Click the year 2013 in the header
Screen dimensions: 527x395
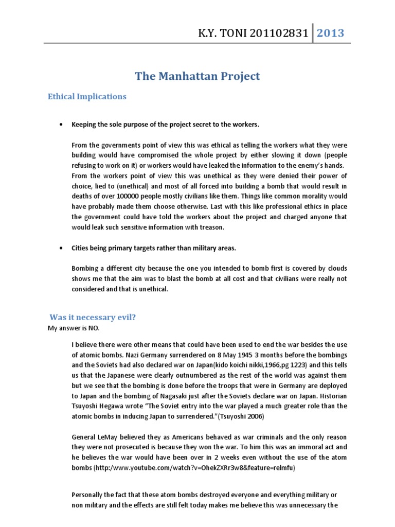click(x=330, y=33)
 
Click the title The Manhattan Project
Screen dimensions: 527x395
click(x=197, y=77)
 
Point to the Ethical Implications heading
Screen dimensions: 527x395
click(x=87, y=96)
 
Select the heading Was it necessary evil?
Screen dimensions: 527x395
click(x=93, y=317)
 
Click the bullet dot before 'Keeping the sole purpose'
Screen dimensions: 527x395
click(x=62, y=125)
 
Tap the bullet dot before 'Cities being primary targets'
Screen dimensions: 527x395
click(x=62, y=248)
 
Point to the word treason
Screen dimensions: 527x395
click(x=225, y=227)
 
